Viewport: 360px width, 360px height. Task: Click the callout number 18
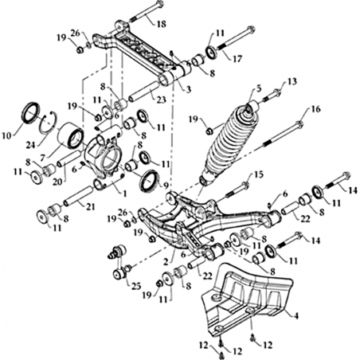point(161,24)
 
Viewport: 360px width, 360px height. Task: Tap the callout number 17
point(237,58)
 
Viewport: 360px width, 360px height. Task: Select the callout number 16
point(315,109)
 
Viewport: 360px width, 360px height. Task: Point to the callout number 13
point(292,81)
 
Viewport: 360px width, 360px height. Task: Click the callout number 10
point(7,135)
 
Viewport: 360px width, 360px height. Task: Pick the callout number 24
point(31,145)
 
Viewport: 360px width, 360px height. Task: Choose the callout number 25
point(135,287)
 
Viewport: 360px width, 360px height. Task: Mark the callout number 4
point(296,316)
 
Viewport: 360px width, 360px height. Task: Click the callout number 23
point(161,100)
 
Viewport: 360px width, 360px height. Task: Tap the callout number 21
point(90,206)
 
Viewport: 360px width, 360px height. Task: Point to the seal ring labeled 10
point(30,112)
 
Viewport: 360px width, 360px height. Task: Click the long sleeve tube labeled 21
point(78,196)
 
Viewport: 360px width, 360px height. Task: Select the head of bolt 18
point(159,5)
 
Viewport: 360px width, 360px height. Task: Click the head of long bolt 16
point(299,124)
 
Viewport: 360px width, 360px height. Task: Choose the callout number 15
point(258,174)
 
